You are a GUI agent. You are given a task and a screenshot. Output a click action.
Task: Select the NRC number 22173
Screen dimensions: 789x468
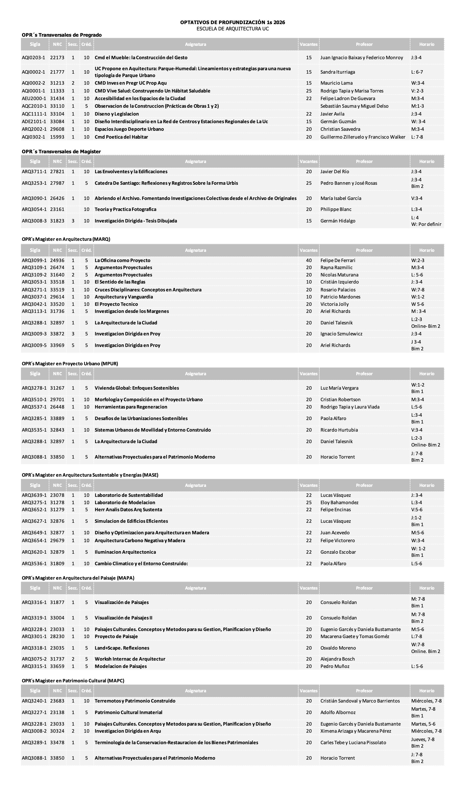click(57, 58)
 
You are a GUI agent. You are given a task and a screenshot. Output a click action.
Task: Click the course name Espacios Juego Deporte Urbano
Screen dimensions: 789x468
click(129, 129)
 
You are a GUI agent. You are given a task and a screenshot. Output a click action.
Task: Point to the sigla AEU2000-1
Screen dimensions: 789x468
click(34, 99)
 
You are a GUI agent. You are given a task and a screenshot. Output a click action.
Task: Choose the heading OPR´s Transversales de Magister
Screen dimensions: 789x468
click(61, 152)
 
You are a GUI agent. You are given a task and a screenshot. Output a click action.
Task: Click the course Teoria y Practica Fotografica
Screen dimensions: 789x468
click(125, 209)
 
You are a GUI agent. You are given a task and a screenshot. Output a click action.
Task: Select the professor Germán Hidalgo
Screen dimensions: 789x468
click(338, 221)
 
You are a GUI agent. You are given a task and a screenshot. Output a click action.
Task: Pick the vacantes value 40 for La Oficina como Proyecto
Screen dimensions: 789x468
click(309, 260)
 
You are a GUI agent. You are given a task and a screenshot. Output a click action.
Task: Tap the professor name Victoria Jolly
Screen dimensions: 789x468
click(335, 304)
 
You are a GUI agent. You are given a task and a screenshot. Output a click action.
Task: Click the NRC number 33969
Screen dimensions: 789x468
click(57, 345)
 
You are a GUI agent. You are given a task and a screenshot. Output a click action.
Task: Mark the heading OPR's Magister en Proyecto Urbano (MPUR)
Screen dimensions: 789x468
click(70, 364)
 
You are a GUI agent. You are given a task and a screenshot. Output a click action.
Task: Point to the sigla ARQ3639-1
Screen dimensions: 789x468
click(34, 495)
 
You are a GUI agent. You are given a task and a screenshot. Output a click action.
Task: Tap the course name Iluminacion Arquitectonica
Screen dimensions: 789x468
click(125, 552)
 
